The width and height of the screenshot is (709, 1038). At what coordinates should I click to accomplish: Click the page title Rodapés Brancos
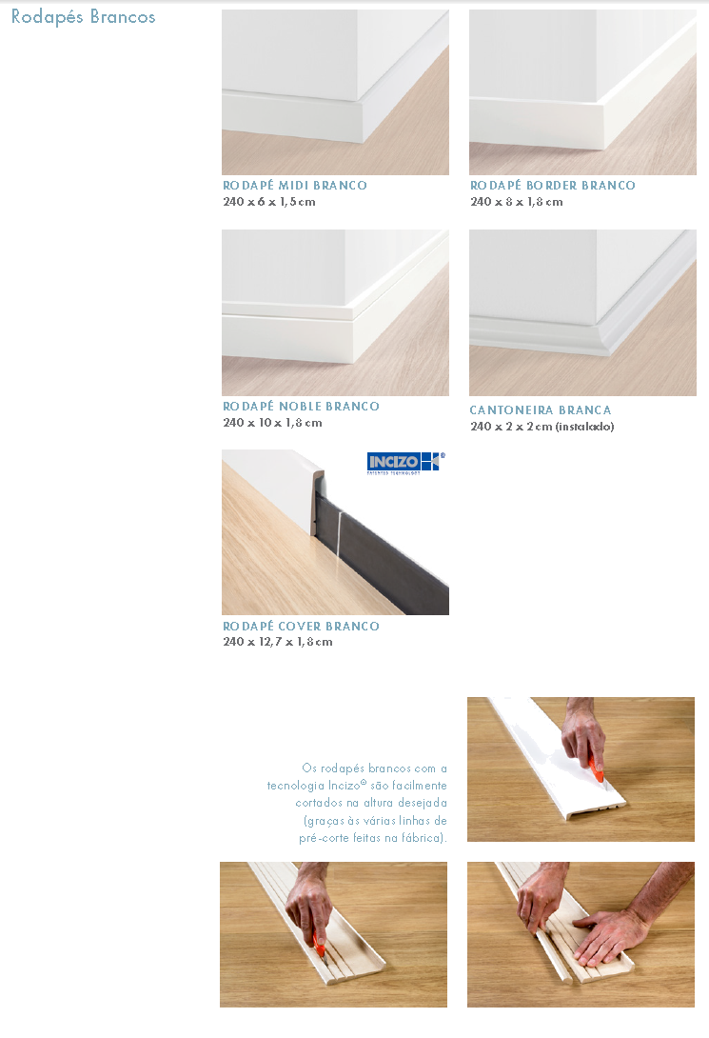pos(84,16)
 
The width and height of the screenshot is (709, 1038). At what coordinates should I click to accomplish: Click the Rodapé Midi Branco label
pos(295,186)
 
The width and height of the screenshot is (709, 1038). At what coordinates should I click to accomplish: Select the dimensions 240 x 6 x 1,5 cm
pos(269,202)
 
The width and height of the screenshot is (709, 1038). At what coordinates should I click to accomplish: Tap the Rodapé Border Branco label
pos(553,186)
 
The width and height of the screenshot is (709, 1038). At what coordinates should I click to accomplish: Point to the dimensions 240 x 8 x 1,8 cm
pos(517,202)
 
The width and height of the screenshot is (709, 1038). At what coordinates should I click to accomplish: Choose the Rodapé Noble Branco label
pos(301,407)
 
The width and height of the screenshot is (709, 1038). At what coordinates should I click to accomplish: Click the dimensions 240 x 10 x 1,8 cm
pos(272,423)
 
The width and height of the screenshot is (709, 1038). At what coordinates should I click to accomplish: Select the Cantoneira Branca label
pos(541,410)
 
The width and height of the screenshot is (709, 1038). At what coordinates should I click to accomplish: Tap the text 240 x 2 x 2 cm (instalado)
pos(542,427)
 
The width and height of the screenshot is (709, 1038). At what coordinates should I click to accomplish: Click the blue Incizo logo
pos(406,463)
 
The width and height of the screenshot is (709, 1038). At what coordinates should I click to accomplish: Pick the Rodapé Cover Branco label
pos(301,627)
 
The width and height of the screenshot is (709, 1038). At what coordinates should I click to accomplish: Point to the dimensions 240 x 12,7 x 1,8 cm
pos(278,642)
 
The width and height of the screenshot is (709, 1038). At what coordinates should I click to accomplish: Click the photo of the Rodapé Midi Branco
pos(335,92)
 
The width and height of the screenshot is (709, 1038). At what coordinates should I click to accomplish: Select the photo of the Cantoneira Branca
pos(582,312)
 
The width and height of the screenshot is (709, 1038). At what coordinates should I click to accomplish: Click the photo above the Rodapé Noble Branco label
pos(335,312)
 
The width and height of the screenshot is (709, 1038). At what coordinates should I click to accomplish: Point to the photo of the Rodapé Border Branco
pos(582,92)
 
